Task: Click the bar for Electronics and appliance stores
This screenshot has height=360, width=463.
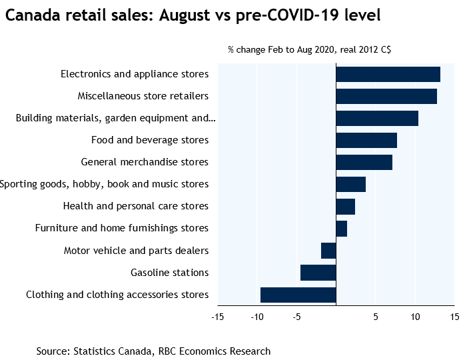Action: coord(388,74)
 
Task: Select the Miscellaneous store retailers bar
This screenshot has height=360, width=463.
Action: coord(386,96)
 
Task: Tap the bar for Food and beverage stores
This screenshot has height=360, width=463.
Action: coord(366,140)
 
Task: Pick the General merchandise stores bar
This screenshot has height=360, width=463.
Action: coord(364,162)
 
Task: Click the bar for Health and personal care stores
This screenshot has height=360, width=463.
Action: coord(345,206)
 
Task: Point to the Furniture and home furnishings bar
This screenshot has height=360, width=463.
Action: coord(341,228)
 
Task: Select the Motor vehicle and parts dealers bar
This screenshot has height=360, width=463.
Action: coord(328,251)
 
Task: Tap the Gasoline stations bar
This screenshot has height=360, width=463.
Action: coord(318,273)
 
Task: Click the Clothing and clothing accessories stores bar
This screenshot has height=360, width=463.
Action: coord(298,295)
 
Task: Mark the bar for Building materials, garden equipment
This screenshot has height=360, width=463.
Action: coord(377,118)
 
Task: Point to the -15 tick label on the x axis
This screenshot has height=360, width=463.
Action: coord(217,316)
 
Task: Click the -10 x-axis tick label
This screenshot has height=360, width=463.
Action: coord(256,316)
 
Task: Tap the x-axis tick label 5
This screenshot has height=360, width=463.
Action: coord(376,316)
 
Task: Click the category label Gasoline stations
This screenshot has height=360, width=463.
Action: coord(169,273)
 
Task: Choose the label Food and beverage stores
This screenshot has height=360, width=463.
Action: coord(150,140)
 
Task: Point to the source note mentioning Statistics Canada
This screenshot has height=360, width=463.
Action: coord(153,351)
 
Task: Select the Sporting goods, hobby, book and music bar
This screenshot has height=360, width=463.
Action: coord(350,184)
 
